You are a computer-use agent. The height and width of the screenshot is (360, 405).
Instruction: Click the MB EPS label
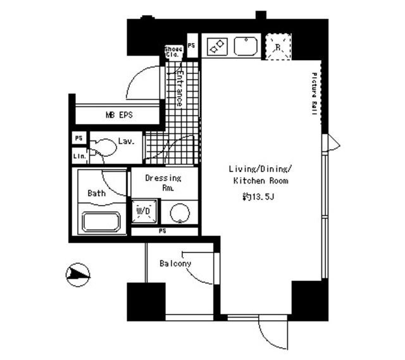tap(118, 115)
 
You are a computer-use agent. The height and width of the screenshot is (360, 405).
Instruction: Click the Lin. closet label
tap(78, 156)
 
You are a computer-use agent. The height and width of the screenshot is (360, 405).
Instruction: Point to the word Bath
tap(97, 193)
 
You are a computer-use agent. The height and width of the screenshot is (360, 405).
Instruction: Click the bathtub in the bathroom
tap(101, 223)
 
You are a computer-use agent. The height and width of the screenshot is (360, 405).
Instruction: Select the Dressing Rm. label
tap(163, 183)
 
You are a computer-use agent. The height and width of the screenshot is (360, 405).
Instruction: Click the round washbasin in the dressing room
tap(180, 213)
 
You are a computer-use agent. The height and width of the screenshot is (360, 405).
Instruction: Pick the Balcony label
tap(175, 263)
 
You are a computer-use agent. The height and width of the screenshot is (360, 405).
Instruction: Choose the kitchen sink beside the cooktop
tap(245, 46)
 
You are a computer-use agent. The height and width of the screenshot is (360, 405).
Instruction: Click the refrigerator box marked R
tap(277, 46)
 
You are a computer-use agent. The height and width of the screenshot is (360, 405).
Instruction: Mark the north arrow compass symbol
tap(78, 274)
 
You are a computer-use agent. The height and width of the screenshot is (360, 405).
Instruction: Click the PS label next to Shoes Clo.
tap(192, 46)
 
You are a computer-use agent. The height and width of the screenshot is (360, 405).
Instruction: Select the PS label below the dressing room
tap(163, 230)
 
